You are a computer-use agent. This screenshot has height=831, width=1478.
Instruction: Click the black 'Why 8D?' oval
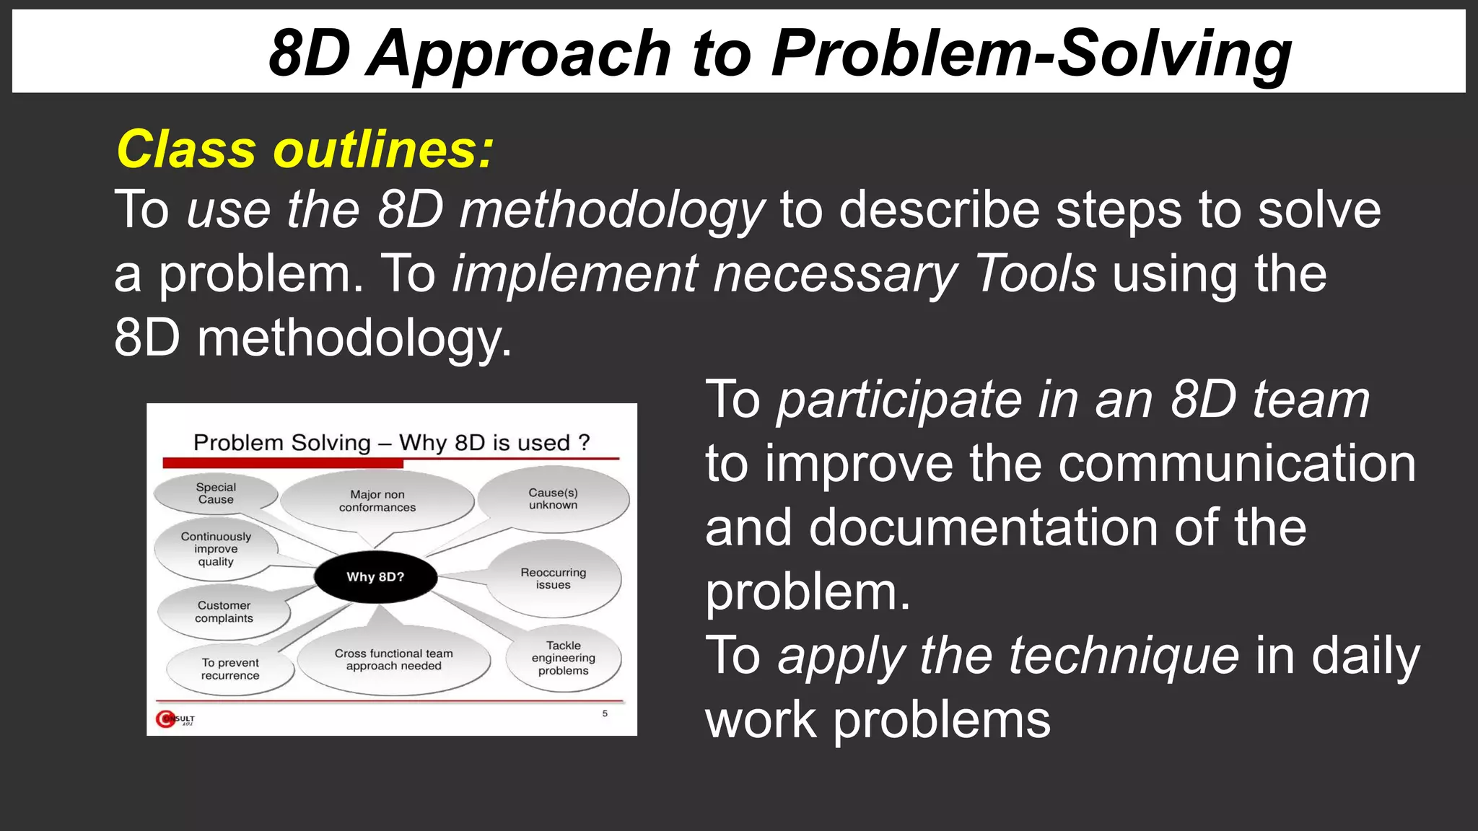tap(375, 577)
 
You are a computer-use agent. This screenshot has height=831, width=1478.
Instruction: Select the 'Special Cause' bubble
tap(216, 493)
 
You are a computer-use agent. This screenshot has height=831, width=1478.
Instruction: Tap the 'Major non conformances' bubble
tap(377, 501)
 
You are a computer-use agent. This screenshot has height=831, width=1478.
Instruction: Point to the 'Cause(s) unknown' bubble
tap(554, 499)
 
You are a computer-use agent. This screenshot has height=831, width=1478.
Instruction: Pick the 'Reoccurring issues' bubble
tap(554, 579)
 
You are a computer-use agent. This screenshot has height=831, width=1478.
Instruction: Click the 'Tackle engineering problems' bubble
tap(564, 658)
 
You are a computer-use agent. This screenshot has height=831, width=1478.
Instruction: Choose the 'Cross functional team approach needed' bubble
tap(393, 659)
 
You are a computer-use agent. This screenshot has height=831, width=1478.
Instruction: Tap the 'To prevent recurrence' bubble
tap(230, 669)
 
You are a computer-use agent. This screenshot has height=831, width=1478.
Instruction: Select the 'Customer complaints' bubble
tap(224, 612)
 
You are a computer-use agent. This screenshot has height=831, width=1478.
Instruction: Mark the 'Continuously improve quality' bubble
tap(216, 549)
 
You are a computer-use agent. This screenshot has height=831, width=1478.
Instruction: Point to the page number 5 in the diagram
tap(605, 713)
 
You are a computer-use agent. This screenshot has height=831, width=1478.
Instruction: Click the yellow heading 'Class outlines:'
tap(305, 149)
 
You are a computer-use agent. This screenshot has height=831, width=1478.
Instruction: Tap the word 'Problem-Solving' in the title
tap(1031, 53)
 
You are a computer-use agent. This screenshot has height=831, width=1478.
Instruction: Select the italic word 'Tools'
tap(1035, 274)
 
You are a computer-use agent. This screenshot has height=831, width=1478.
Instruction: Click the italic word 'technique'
tap(1124, 656)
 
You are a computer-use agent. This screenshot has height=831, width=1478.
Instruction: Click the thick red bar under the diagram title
tap(282, 463)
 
